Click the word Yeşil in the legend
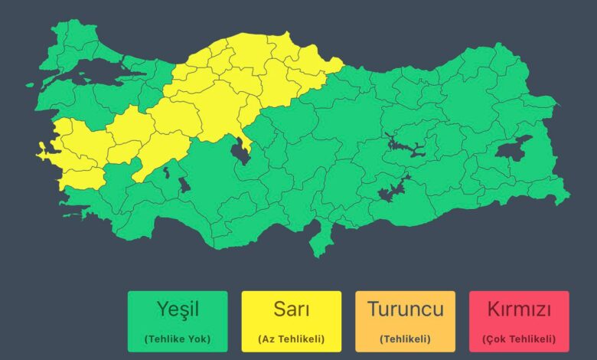point(178,309)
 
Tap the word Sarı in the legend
point(292,309)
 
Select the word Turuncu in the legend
point(405,309)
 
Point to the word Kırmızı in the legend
point(519,309)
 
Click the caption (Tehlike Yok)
point(178,338)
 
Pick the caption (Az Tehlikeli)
point(292,338)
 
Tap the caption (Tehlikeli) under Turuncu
point(405,338)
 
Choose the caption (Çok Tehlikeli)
point(519,338)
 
